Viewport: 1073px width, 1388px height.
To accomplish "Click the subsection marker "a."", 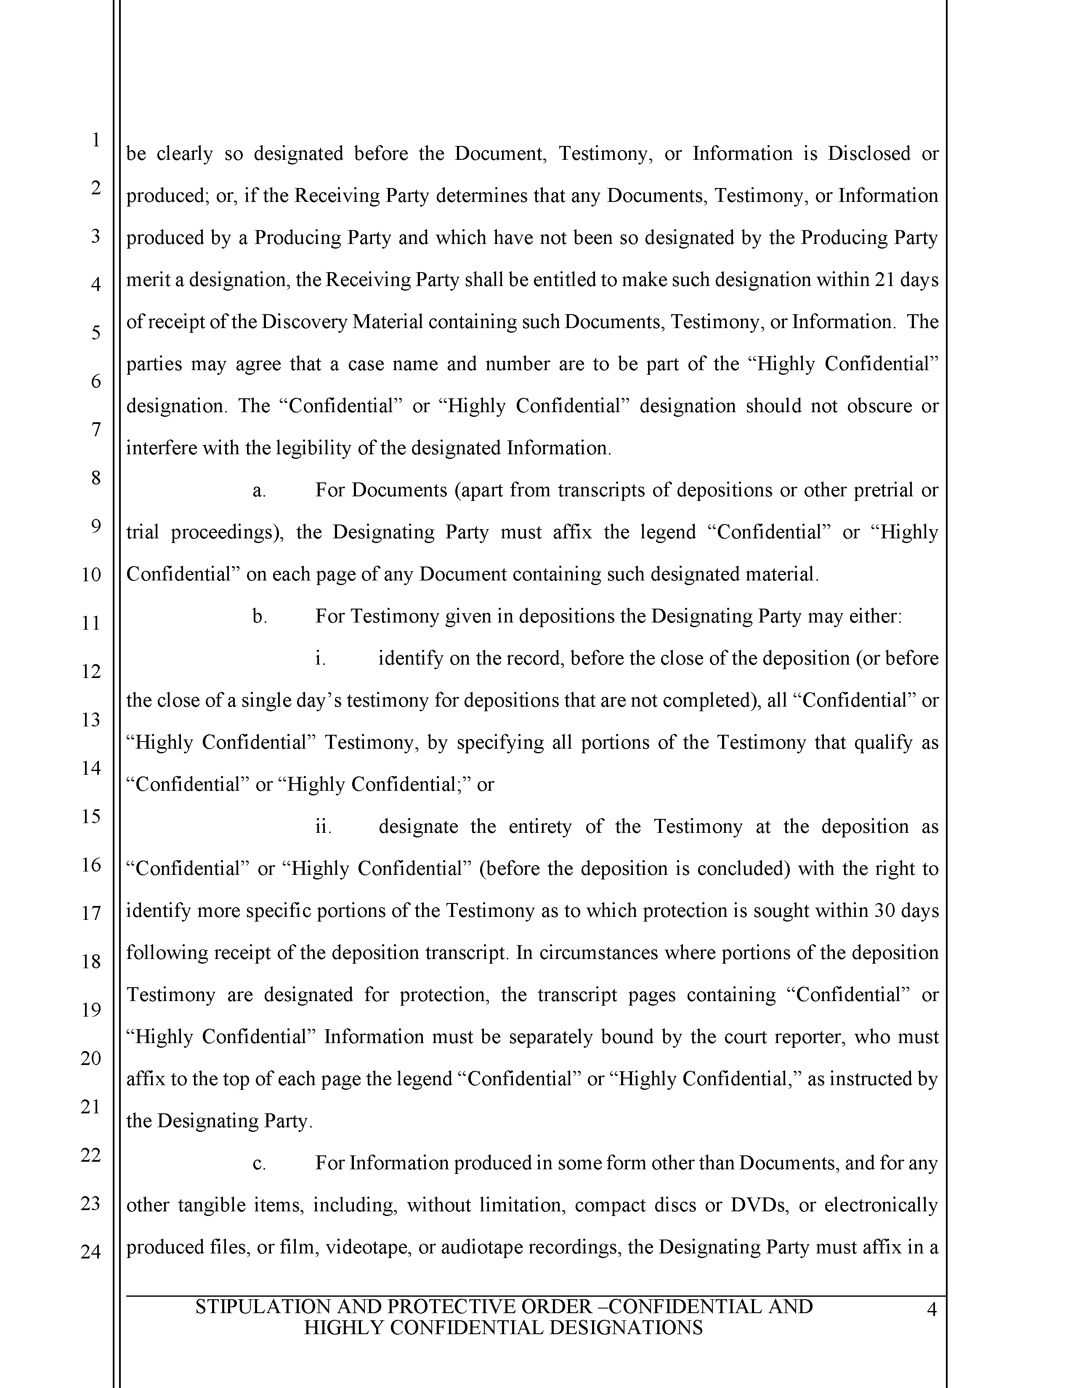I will click(x=259, y=490).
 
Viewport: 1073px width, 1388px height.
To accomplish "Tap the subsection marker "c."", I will click(x=259, y=1163).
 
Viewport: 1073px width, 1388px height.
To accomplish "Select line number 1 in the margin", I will click(x=96, y=139).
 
